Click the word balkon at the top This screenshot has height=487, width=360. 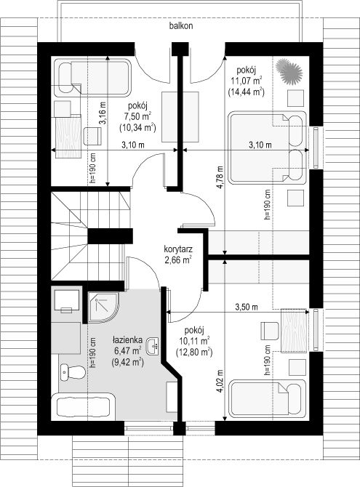(181, 25)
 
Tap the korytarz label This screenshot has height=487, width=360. (178, 249)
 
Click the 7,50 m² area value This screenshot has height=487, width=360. (137, 116)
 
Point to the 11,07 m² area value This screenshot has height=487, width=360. (247, 81)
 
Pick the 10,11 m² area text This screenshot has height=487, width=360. (194, 341)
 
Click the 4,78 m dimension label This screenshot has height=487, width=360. (220, 177)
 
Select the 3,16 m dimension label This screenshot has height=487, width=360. (103, 113)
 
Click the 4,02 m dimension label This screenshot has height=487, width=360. (220, 382)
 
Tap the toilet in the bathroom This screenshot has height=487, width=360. (72, 371)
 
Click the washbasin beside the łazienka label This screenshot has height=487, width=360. (153, 346)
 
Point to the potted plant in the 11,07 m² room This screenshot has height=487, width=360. (289, 71)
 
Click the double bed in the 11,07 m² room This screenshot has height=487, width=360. (268, 148)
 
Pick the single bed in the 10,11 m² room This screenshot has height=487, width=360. (268, 398)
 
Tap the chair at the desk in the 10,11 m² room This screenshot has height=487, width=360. (270, 331)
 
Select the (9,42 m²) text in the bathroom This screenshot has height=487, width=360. (127, 362)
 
